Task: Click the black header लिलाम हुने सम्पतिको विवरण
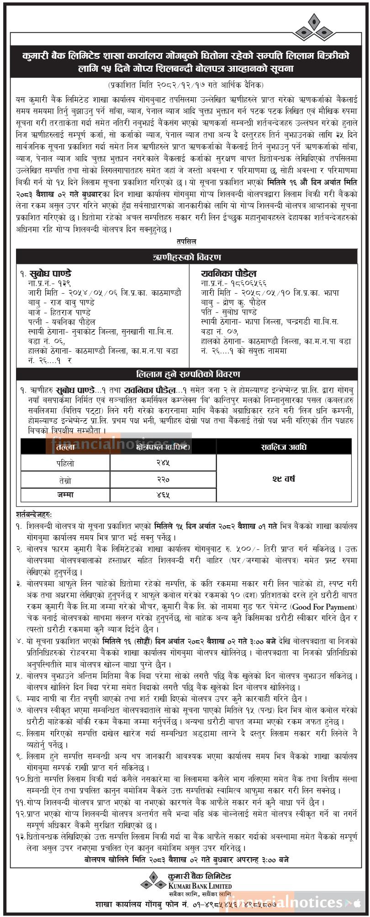coord(187,374)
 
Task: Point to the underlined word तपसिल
coord(186,242)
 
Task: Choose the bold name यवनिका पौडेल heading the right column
coord(228,274)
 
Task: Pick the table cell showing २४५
coord(163,463)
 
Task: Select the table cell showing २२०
coord(163,480)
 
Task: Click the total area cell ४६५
coord(163,495)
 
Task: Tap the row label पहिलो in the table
coord(65,463)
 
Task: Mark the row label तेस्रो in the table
coord(65,480)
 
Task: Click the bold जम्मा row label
coord(65,495)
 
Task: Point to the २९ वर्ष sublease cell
coord(284,479)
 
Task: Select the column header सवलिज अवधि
coord(284,446)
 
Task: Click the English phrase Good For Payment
coord(323,607)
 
